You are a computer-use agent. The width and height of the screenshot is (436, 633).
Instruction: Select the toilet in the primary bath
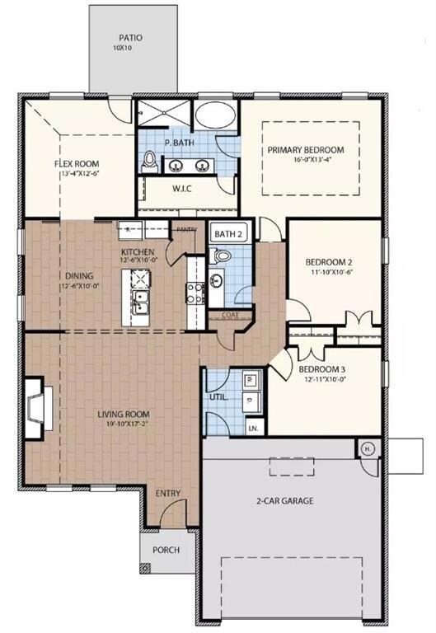tap(149, 162)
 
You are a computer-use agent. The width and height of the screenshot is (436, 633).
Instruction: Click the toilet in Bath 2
tap(220, 256)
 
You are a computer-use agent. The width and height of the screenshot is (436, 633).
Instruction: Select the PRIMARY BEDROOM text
tap(306, 150)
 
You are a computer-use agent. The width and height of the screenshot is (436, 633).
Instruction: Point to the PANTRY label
tap(185, 230)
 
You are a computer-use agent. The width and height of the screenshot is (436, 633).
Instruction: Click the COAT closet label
tap(230, 315)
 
